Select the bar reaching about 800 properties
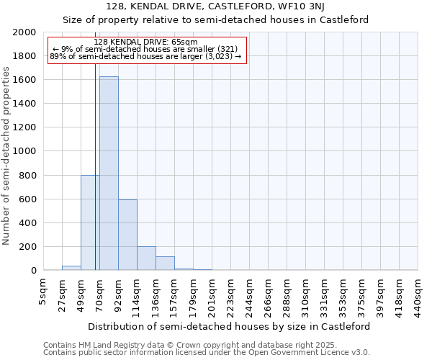click(x=90, y=222)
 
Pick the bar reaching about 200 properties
click(x=146, y=258)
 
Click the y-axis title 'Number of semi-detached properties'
click(x=7, y=156)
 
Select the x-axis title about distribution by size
click(x=230, y=326)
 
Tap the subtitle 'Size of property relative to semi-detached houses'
click(x=216, y=20)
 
